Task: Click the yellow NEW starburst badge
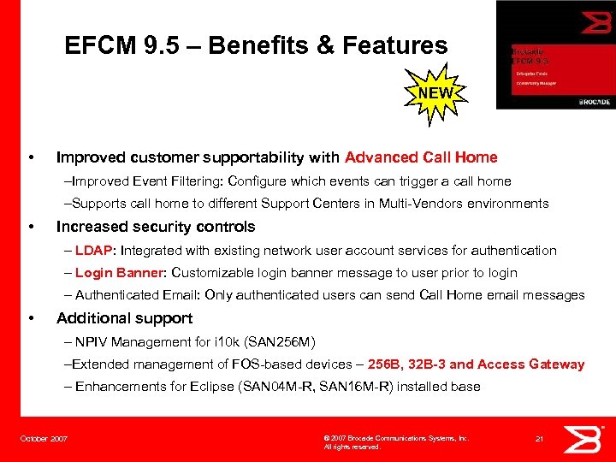click(x=436, y=92)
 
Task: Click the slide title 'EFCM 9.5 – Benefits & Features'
click(x=256, y=45)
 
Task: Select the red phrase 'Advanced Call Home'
click(x=421, y=157)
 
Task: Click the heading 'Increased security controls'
click(x=156, y=227)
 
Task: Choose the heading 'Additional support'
click(x=125, y=318)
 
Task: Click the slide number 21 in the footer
click(x=539, y=438)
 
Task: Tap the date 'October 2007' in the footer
click(x=44, y=439)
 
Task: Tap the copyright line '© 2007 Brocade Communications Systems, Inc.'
click(x=396, y=438)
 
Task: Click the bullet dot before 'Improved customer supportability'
click(x=32, y=157)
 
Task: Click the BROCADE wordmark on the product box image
click(x=594, y=102)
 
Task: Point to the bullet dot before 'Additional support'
click(x=32, y=318)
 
